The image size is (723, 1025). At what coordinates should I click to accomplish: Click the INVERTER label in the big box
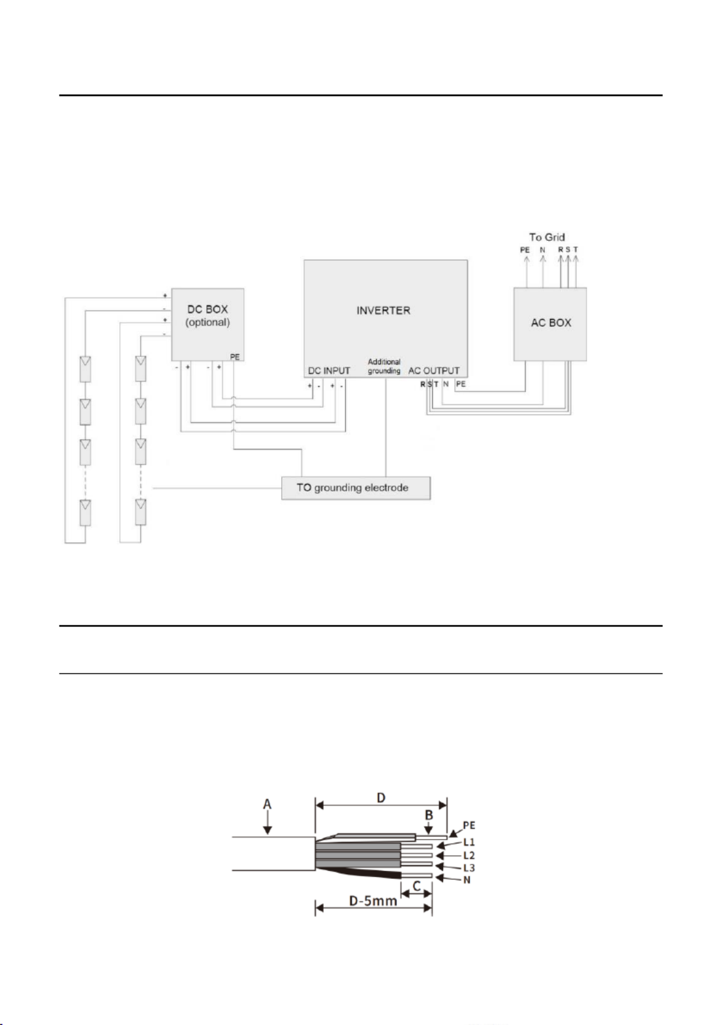[384, 311]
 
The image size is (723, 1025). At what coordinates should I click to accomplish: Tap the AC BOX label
[551, 322]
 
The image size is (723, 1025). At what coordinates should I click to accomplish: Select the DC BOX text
[208, 309]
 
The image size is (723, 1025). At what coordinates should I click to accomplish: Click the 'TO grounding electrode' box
[356, 488]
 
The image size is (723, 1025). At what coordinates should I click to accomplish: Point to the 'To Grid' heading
[547, 237]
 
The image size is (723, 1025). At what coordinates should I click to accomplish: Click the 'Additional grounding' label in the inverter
[384, 366]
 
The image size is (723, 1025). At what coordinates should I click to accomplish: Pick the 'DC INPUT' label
[329, 371]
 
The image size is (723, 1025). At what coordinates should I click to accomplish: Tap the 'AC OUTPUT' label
[434, 371]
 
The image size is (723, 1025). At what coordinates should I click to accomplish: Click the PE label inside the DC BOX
[235, 357]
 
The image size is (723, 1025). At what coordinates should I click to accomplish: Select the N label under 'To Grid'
[542, 250]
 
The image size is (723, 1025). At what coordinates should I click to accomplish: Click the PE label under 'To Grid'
[525, 250]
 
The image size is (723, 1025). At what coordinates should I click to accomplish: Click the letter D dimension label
[380, 797]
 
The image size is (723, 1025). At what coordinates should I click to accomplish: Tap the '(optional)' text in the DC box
[208, 322]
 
